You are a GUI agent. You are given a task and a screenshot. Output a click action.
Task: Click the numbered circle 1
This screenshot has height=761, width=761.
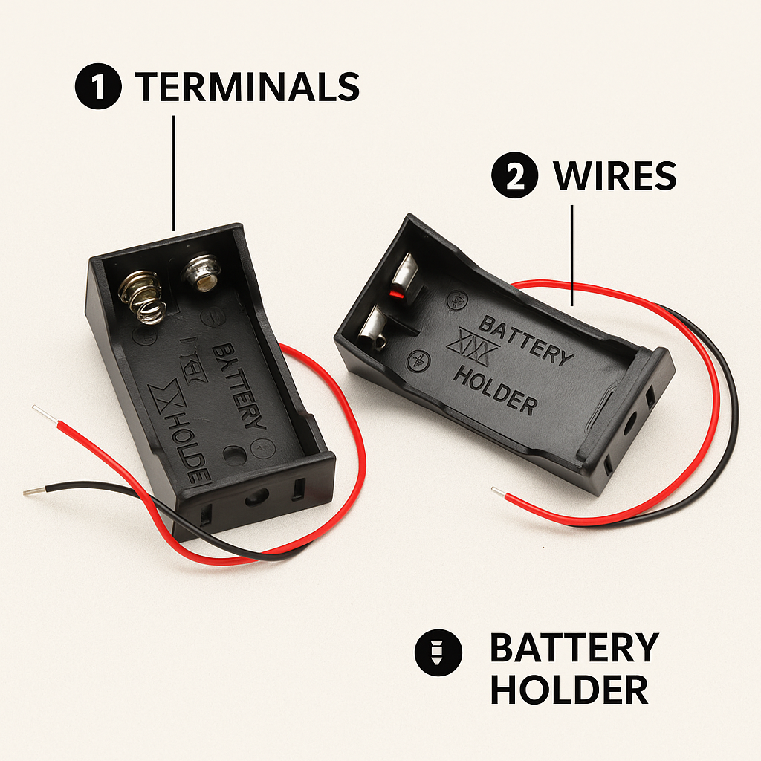tap(98, 88)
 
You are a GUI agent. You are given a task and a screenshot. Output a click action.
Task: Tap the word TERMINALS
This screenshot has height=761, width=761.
tap(247, 88)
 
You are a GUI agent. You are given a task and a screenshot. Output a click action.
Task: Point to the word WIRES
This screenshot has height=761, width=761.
tap(615, 176)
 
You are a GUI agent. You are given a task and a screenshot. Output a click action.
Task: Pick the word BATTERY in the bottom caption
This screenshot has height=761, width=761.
tap(574, 648)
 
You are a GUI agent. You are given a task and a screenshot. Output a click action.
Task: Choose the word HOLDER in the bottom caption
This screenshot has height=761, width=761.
tap(569, 690)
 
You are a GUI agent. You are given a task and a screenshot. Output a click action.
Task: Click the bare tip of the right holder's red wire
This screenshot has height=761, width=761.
tap(496, 490)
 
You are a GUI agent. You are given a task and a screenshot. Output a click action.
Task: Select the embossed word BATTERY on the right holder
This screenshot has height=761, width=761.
tap(526, 340)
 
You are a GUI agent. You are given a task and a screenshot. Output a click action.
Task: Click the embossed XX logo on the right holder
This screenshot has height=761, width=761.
tap(467, 346)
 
